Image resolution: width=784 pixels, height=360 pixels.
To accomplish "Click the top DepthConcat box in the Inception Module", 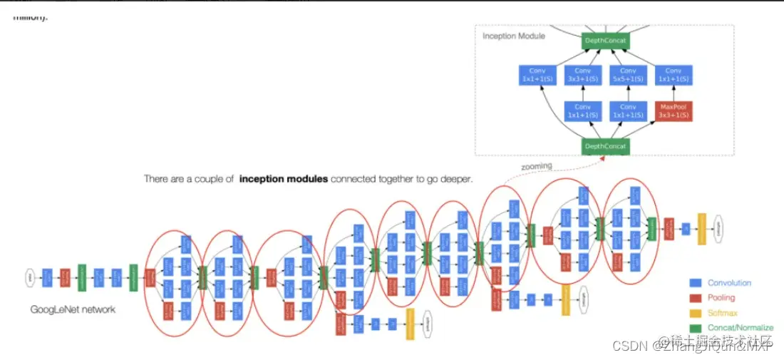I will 605,41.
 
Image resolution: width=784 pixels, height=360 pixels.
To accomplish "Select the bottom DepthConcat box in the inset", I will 605,146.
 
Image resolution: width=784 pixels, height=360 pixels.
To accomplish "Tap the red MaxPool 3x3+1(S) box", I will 673,111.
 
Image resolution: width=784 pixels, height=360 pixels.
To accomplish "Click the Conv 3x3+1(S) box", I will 583,76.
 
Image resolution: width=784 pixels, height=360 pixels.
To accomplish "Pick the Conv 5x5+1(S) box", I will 628,76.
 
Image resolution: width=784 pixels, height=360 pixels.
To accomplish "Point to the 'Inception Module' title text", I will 513,36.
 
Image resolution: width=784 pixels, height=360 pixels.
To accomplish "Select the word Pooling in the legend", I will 721,298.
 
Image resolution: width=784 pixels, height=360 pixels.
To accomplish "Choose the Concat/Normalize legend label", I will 740,328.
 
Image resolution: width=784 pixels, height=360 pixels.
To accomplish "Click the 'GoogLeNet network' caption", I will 73,309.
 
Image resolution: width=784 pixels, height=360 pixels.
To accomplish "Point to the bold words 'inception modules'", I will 284,179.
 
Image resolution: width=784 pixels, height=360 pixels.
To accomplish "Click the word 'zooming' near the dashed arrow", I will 536,166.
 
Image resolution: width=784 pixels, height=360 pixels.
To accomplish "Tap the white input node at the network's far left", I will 30,276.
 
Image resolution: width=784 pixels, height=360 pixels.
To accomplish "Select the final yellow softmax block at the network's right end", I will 701,228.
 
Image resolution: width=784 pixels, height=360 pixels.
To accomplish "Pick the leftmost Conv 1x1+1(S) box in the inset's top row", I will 537,76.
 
